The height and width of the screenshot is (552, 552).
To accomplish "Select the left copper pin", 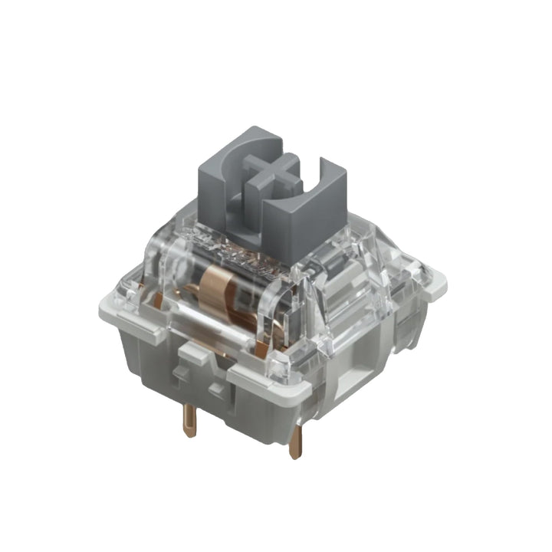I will point(189,418).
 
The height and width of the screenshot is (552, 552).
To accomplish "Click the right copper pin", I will point(296,440).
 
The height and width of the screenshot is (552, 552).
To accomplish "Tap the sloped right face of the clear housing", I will point(360,299).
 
